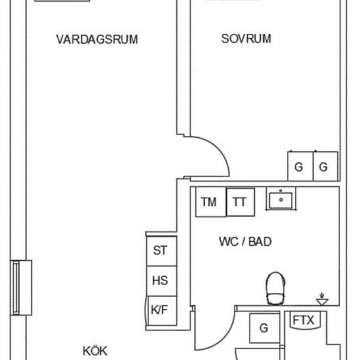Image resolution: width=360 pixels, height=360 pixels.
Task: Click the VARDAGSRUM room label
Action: coord(97,39)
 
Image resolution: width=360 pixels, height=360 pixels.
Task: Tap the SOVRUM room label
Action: coord(246,39)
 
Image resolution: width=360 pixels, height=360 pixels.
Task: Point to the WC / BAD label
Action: coord(245,242)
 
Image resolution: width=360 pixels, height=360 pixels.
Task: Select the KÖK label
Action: coord(94,351)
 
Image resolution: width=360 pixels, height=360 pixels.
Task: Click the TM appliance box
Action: coord(209,202)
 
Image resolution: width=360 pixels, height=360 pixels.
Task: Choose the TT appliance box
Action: coord(240,202)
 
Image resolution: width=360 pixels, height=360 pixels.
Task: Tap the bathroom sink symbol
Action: coord(281,198)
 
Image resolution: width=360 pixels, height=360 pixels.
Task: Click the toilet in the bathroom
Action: coord(275,288)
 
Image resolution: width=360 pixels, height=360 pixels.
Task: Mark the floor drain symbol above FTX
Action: coord(322,300)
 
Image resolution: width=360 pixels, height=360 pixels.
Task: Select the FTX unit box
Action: coord(302,321)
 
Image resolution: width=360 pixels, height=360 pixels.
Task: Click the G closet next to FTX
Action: coord(264,328)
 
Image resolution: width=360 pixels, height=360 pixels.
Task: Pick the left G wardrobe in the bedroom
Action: coord(299,166)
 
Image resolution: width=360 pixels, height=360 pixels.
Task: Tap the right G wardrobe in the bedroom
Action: coord(323,166)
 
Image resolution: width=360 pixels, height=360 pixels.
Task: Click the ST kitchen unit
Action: coord(160,250)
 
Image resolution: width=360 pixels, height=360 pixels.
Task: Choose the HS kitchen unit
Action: coord(160,280)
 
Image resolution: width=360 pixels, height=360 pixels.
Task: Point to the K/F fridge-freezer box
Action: coord(160,310)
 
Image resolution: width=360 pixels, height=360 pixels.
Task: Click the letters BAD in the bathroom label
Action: coord(260,242)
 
